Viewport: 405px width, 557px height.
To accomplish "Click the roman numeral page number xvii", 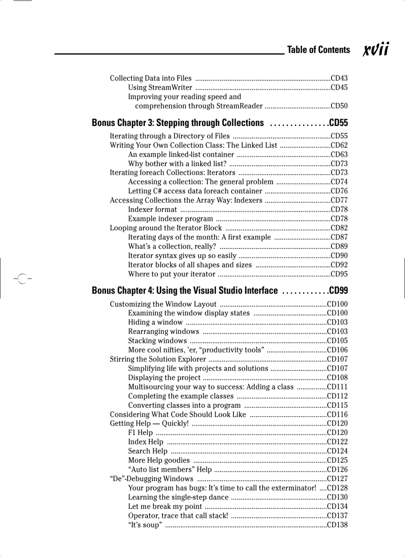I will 376,50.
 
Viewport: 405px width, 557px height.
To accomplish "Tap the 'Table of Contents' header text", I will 318,50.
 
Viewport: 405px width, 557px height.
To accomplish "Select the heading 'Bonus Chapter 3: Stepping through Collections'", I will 178,123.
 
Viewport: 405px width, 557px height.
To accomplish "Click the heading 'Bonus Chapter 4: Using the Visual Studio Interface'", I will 185,291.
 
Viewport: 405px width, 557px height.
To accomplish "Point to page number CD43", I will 339,78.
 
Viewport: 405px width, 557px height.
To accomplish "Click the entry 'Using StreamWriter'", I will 157,88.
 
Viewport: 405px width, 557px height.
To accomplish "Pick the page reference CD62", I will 339,145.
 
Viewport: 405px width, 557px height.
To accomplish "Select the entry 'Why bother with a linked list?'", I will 177,164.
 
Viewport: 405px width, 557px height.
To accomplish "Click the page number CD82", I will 339,228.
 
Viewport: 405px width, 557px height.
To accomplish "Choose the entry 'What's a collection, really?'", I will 172,247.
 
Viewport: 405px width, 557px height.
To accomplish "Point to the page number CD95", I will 339,274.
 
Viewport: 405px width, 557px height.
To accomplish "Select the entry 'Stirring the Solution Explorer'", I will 158,359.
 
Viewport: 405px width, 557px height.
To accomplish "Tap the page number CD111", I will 337,387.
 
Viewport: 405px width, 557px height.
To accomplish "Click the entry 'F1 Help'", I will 140,433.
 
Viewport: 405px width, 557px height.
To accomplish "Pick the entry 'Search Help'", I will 148,451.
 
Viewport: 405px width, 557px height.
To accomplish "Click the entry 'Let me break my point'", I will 165,507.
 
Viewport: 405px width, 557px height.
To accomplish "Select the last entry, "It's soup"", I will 144,525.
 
